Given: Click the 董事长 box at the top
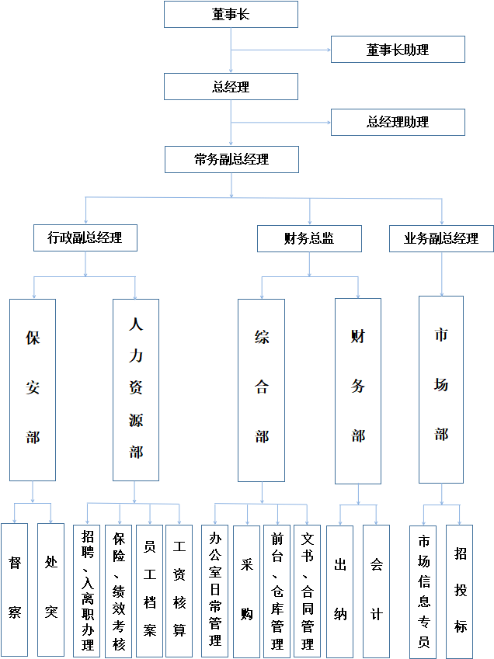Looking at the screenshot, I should click(x=231, y=14).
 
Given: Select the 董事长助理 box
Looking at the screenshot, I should click(x=398, y=50).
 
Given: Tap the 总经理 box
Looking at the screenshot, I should click(x=231, y=87).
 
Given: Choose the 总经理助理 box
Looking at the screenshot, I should click(x=398, y=122).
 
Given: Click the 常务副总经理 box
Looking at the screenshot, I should click(x=231, y=159).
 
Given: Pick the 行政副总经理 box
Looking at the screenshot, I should click(x=85, y=238).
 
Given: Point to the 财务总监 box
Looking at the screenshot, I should click(x=309, y=239).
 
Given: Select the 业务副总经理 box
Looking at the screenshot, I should click(x=441, y=239).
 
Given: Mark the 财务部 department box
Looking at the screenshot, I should click(x=358, y=390).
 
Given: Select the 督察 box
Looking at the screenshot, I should click(x=14, y=590).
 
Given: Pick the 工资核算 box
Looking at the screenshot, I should click(x=179, y=590).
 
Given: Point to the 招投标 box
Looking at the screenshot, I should click(x=461, y=590).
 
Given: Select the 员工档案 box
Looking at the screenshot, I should click(x=150, y=590).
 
